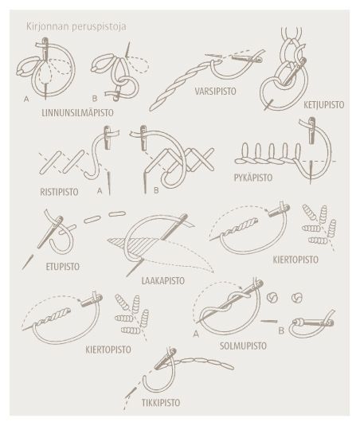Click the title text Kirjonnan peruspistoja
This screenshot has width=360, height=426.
point(76,27)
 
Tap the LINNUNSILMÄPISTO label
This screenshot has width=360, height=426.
point(78,113)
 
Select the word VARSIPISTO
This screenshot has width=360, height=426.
point(216,92)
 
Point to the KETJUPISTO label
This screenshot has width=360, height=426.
point(324,104)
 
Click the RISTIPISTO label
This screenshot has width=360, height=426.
point(59,192)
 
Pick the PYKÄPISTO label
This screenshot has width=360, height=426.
point(253,178)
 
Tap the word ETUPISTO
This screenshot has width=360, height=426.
point(63,267)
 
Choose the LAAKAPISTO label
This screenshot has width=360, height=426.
point(163,280)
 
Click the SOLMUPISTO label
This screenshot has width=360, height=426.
point(243,346)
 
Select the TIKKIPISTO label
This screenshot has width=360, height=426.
point(161,403)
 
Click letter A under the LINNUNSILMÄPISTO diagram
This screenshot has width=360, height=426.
point(26,100)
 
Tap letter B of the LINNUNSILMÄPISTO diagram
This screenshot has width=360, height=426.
point(95,99)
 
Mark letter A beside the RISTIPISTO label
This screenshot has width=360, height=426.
point(100,191)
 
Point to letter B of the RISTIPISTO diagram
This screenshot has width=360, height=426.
point(156,190)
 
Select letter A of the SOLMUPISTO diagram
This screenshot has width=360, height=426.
point(196,334)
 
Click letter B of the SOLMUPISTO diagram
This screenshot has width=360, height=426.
point(281,331)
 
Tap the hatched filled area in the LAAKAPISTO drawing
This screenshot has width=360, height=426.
point(137,244)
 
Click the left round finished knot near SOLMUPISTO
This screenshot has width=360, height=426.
point(272,298)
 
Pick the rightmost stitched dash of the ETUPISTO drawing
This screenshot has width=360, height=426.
point(117,214)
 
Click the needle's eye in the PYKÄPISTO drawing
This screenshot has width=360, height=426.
point(312,123)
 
